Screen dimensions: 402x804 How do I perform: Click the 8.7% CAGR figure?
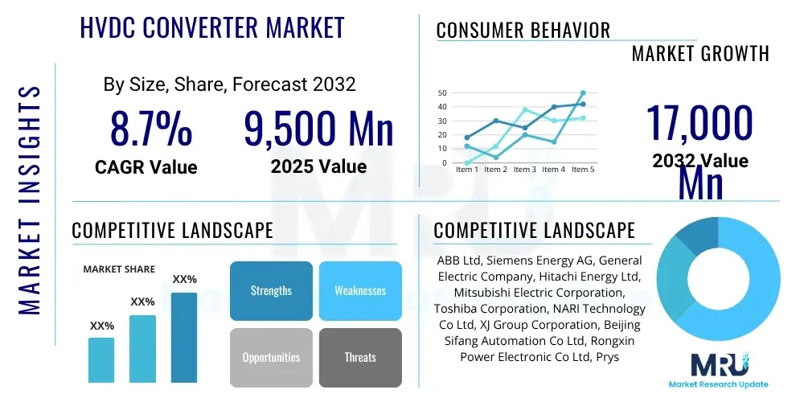click(x=150, y=129)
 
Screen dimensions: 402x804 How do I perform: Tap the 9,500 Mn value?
click(x=318, y=129)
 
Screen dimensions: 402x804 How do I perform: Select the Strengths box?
click(x=271, y=290)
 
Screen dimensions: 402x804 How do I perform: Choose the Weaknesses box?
click(x=360, y=290)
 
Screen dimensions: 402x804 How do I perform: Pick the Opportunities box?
click(x=271, y=357)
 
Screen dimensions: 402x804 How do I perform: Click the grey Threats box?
click(x=360, y=357)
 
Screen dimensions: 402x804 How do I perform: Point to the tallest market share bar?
click(x=184, y=337)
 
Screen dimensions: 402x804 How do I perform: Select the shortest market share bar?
click(x=101, y=359)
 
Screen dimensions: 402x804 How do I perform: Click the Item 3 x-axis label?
click(x=524, y=170)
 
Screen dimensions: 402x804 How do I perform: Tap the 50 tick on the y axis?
click(x=442, y=93)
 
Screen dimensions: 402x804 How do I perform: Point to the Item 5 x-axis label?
click(x=582, y=170)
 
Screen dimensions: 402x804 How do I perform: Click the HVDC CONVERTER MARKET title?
click(x=212, y=27)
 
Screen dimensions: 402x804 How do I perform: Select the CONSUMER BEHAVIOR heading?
click(x=523, y=31)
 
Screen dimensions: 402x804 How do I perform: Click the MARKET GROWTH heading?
click(x=700, y=54)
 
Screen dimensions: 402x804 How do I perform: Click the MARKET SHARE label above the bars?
click(x=119, y=269)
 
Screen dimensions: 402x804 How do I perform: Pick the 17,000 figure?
click(x=699, y=123)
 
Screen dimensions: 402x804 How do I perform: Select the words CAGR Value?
click(x=146, y=167)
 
